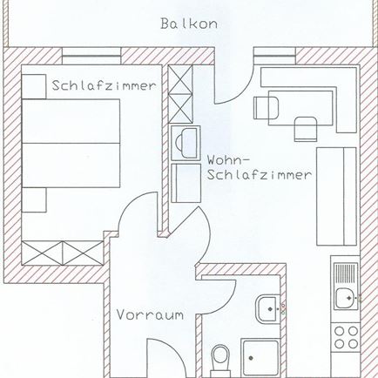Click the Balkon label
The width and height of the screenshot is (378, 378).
188,24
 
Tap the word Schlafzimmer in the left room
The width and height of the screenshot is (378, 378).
105,86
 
